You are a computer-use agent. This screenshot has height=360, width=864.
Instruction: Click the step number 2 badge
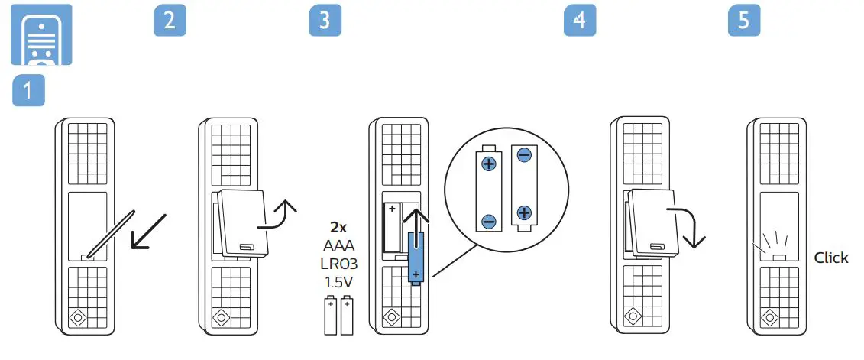(x=170, y=21)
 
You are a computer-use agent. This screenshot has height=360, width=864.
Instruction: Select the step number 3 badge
(x=325, y=21)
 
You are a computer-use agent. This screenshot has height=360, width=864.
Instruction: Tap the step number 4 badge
(x=579, y=21)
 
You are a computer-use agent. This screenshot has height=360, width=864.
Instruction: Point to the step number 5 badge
(x=744, y=21)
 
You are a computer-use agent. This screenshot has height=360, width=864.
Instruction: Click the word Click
(x=830, y=258)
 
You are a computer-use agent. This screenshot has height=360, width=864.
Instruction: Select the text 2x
(x=338, y=227)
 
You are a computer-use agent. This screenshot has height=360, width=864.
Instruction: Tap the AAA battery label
(x=338, y=245)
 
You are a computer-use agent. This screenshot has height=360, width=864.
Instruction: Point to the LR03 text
(x=338, y=264)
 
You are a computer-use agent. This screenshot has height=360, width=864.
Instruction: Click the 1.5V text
(x=338, y=282)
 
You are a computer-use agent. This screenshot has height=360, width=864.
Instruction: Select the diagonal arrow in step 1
(x=148, y=231)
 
